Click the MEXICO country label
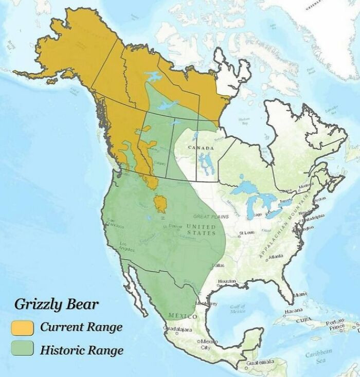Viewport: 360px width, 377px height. (177, 315)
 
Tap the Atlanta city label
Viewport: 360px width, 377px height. (275, 257)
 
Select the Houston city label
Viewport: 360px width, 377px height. (226, 281)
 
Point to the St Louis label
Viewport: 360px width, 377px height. (246, 233)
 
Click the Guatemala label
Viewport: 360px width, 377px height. (259, 363)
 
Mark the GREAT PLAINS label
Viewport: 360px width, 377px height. (211, 217)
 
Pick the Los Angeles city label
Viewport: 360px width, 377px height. (127, 246)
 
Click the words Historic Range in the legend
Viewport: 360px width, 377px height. (81, 350)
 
